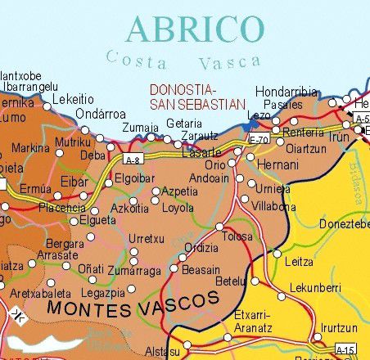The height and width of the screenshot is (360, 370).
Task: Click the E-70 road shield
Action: click(x=259, y=140)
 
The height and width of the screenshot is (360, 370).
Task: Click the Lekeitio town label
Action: click(x=74, y=100)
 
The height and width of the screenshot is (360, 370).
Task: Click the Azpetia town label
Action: click(x=179, y=191)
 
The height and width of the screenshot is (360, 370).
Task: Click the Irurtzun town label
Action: click(x=341, y=326)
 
